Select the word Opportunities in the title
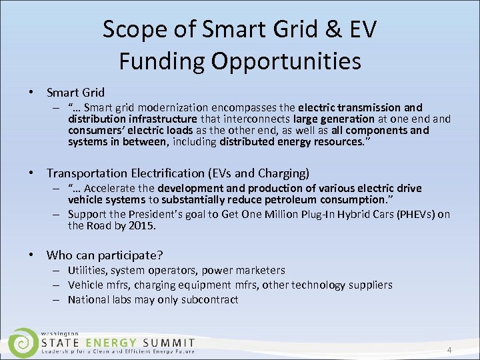(x=288, y=61)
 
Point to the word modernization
(x=171, y=107)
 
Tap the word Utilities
(x=87, y=270)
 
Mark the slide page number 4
(x=449, y=351)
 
